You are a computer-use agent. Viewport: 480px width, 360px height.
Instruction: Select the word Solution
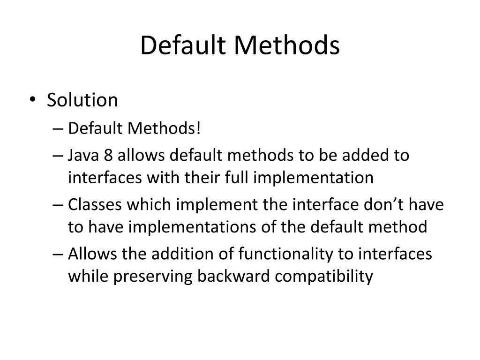click(x=82, y=100)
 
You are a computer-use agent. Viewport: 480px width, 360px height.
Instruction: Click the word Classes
click(x=93, y=205)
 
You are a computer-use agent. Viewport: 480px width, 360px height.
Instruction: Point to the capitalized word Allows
click(x=92, y=254)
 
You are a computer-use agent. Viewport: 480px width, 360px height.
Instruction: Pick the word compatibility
click(x=324, y=277)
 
